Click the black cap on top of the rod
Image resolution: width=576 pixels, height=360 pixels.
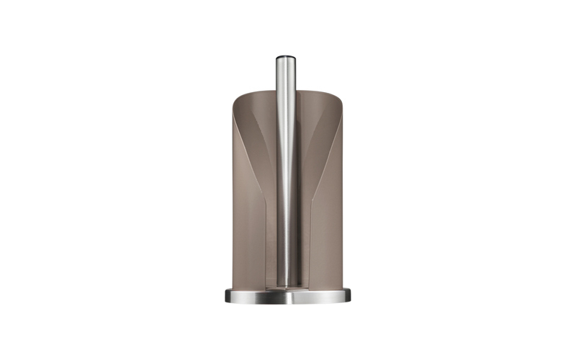285,57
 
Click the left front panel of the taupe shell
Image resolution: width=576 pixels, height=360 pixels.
246,216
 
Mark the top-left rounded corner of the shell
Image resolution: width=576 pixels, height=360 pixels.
236,96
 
